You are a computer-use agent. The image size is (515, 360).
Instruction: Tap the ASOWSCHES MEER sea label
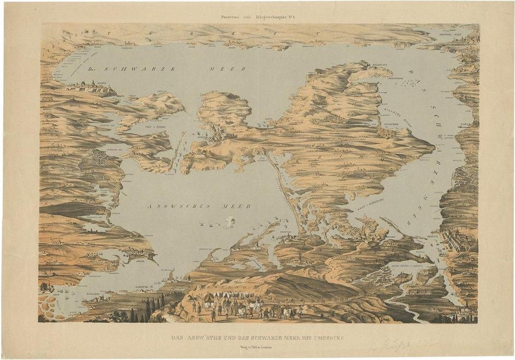tap(199, 207)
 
